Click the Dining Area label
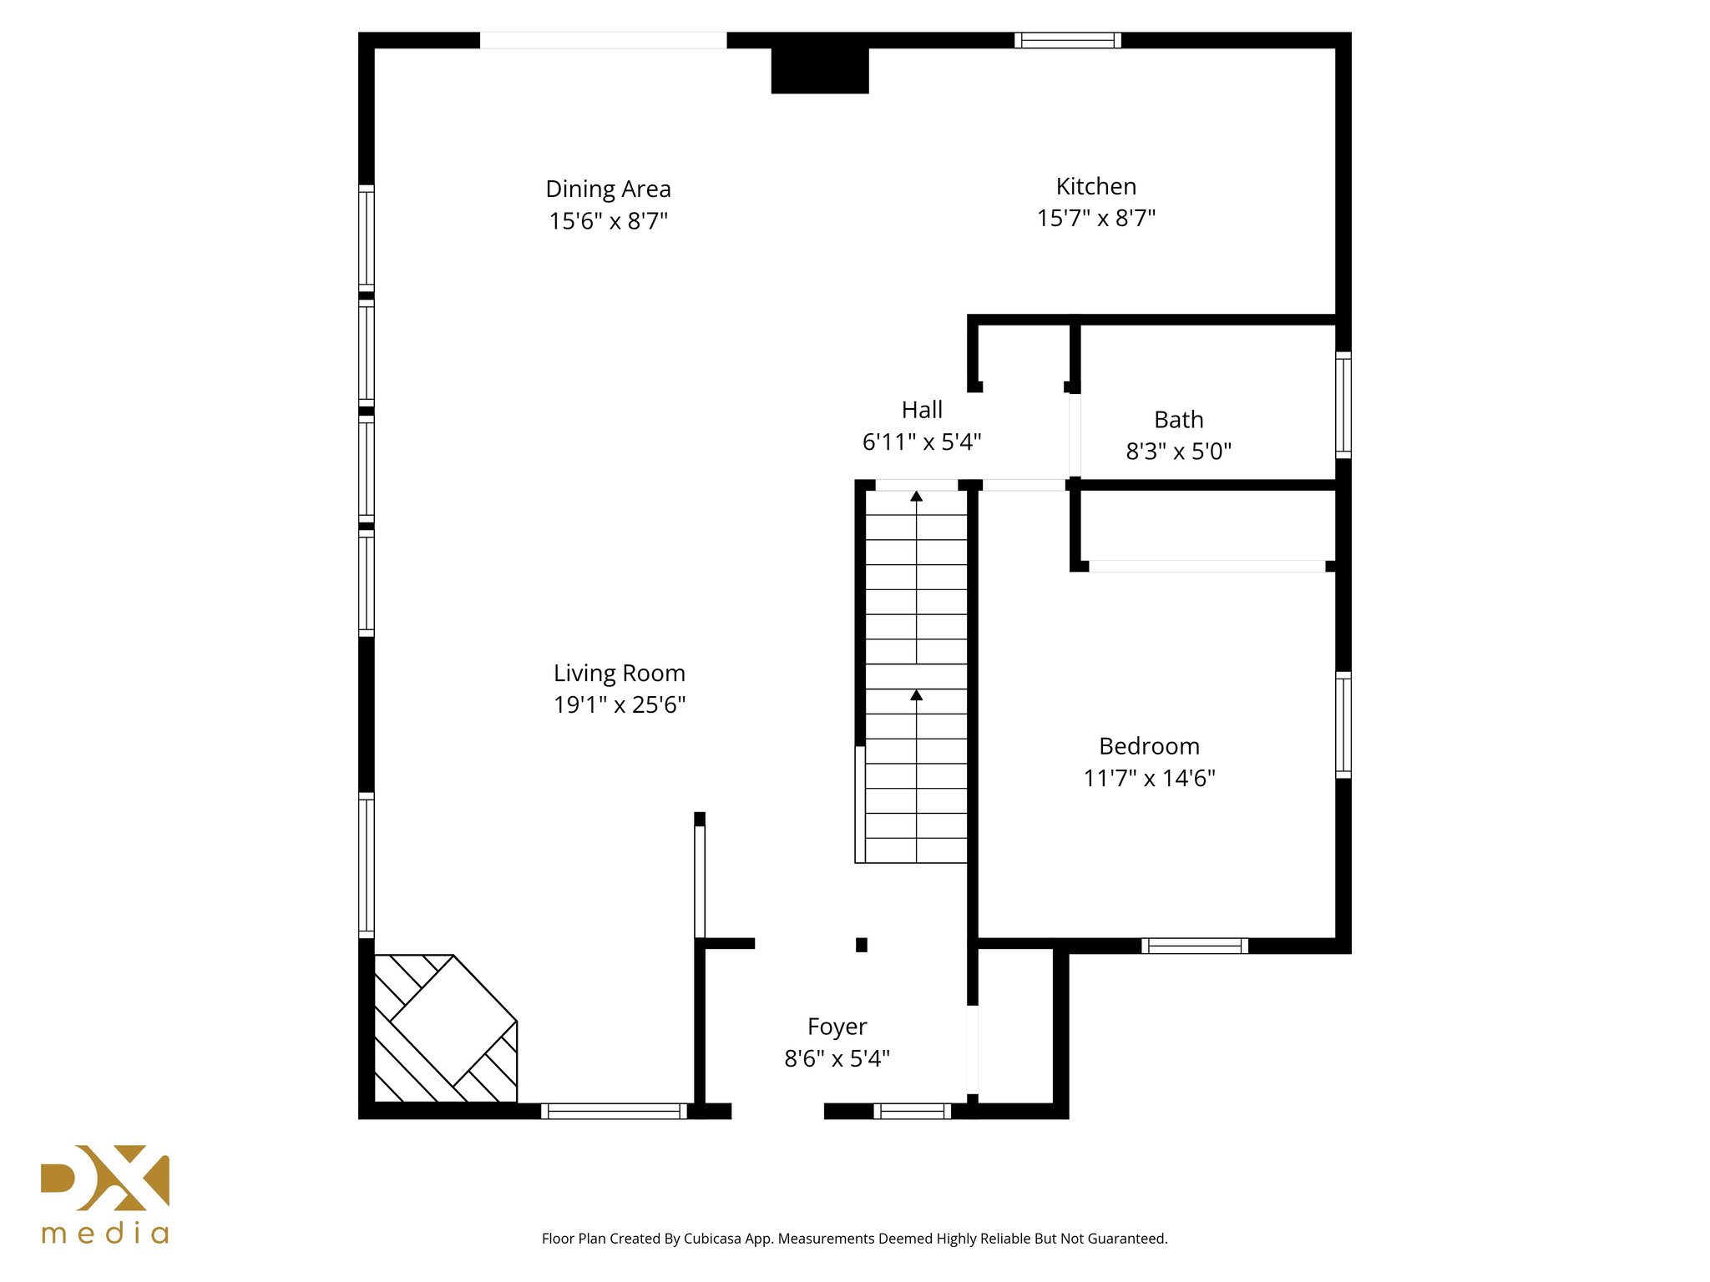coord(608,189)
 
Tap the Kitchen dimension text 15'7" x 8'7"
coord(1095,219)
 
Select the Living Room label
coord(619,674)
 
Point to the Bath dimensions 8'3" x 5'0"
coord(1178,452)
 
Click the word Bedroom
coord(1149,746)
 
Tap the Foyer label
coord(837,1027)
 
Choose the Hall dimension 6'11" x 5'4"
coord(921,442)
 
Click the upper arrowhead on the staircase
coord(916,497)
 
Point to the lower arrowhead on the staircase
coord(916,695)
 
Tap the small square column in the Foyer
coord(861,945)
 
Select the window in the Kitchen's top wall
coord(1067,40)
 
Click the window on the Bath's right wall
coord(1343,405)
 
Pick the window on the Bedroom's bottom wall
coord(1194,946)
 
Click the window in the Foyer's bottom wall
coord(912,1111)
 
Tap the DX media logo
coord(105,1194)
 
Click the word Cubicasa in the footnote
coord(711,1239)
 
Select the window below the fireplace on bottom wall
coord(614,1111)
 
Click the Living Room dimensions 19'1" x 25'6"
coord(619,705)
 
